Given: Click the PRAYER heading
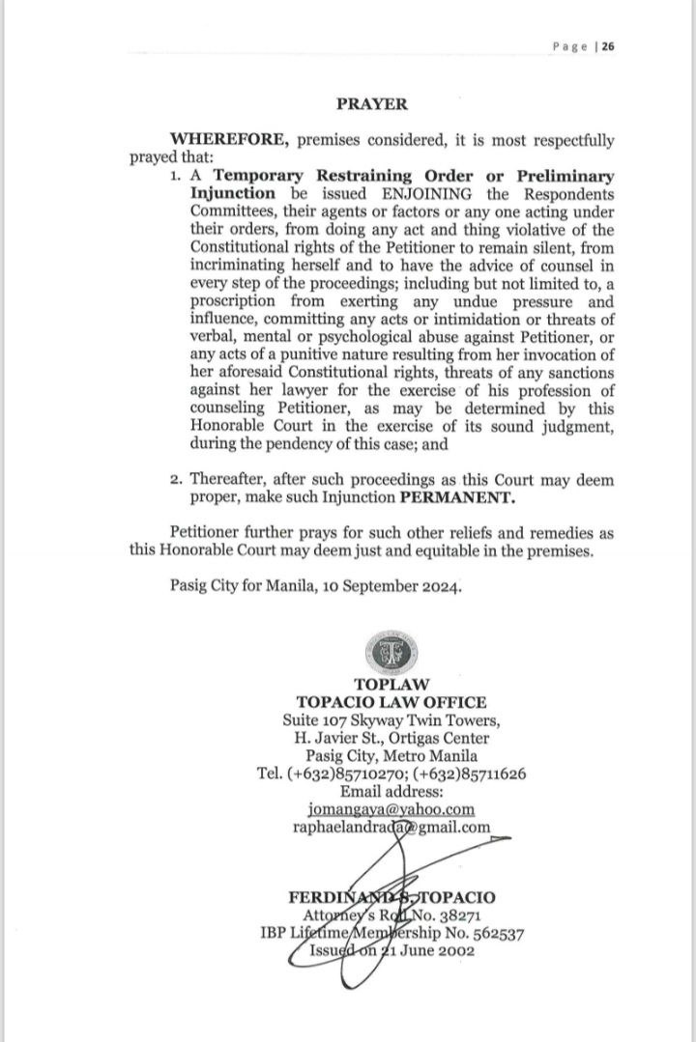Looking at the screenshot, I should pos(371,103).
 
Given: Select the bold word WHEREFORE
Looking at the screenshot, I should pos(240,140).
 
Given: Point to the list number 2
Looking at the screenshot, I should pos(175,480).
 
